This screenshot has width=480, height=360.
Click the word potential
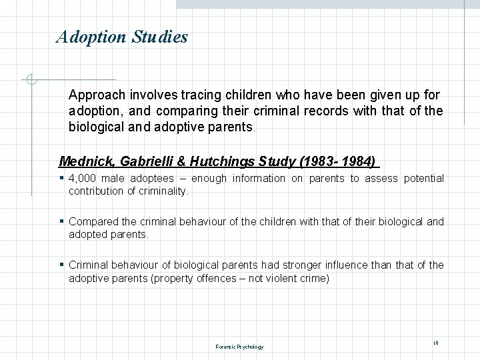[423, 179]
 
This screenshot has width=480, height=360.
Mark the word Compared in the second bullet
[93, 222]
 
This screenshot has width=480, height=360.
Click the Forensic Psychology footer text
[239, 347]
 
